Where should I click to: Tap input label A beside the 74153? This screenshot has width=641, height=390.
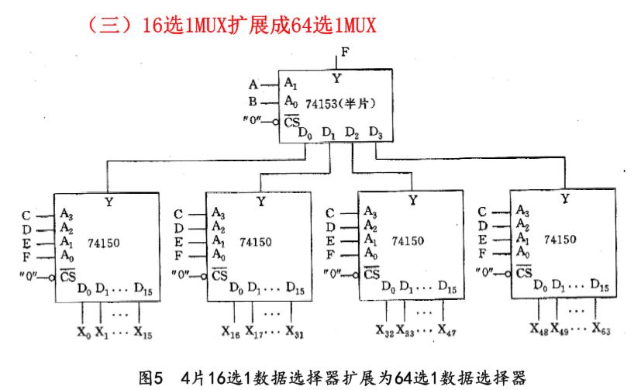253,83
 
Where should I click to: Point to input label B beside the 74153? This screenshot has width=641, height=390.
253,102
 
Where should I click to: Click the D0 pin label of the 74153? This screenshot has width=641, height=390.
305,133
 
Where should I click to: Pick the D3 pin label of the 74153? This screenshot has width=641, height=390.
376,133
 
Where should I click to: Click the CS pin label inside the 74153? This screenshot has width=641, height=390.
291,121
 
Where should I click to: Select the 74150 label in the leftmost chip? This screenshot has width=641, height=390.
103,242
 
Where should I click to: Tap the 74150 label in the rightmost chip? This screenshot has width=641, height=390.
560,239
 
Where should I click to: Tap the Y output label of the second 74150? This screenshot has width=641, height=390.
260,202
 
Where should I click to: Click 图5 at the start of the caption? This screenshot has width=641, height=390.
150,378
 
